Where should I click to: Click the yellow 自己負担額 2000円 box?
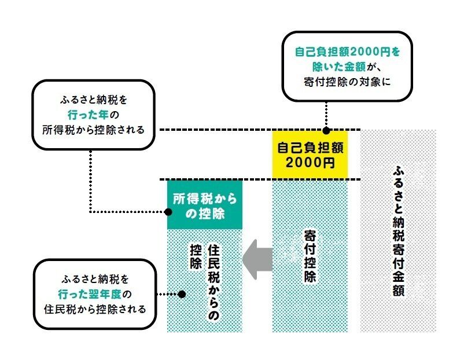click(310, 155)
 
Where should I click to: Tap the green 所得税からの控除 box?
click(204, 206)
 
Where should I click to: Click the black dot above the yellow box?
click(326, 130)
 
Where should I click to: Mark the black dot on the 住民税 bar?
click(182, 294)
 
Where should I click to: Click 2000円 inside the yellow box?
click(310, 163)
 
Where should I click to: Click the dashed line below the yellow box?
click(260, 179)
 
